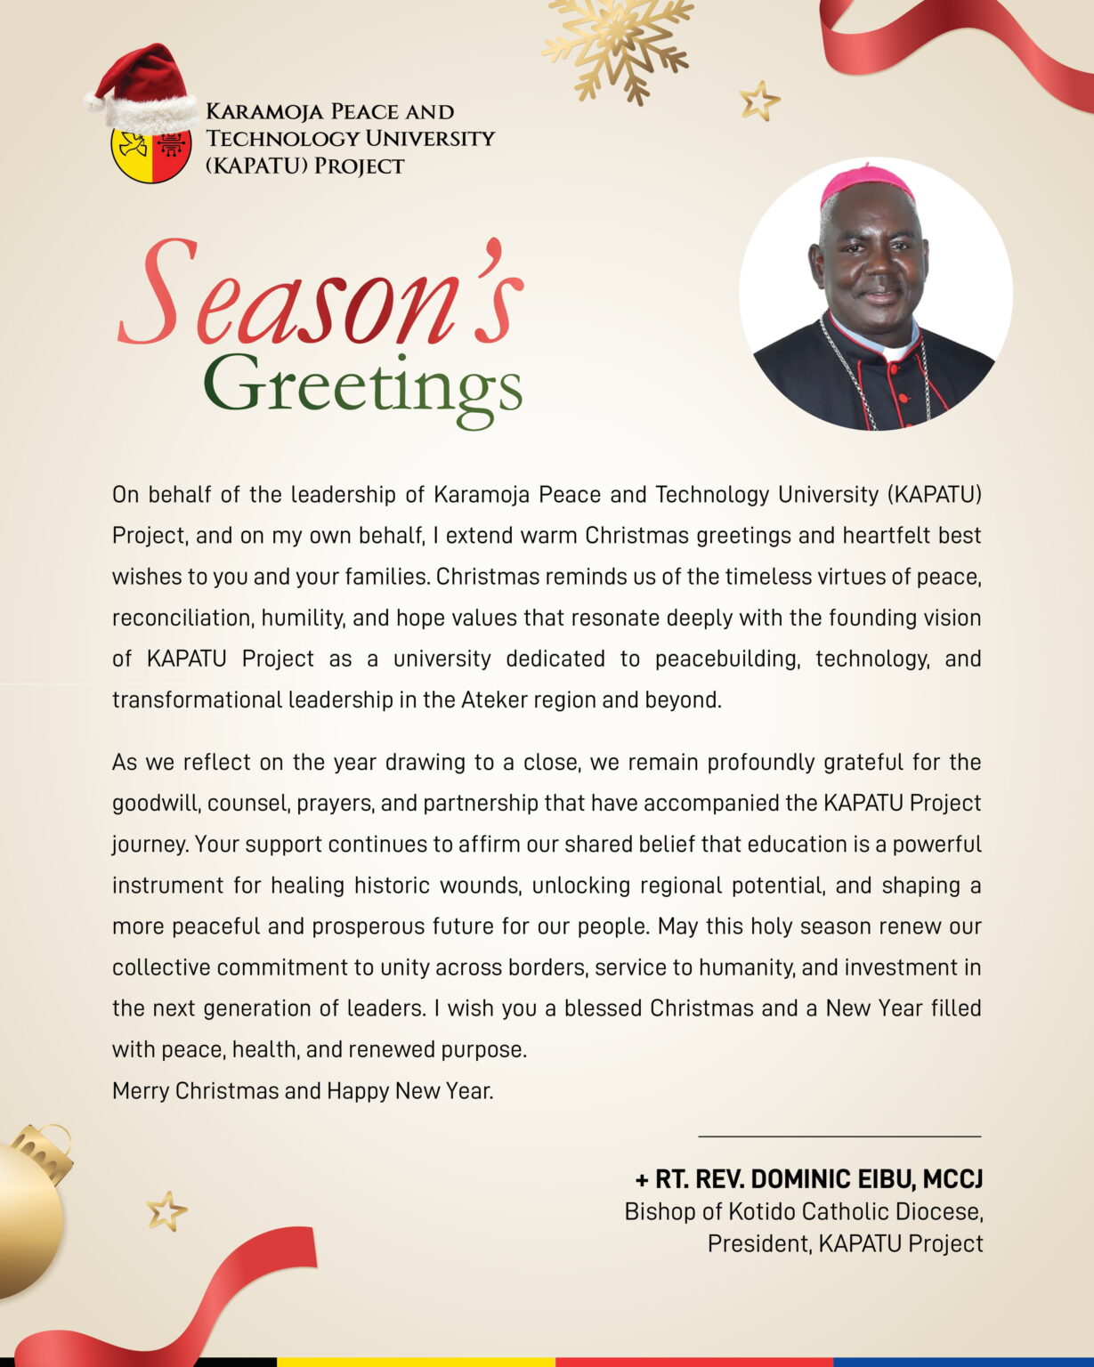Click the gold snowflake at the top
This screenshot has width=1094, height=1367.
click(x=620, y=44)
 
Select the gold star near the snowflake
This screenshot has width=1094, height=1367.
click(x=759, y=101)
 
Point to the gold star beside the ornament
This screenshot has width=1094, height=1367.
click(x=166, y=1211)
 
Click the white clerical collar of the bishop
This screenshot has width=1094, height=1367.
click(x=895, y=350)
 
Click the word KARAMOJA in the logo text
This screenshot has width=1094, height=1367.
click(x=257, y=112)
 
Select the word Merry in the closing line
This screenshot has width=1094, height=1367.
click(x=141, y=1091)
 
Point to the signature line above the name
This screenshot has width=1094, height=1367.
click(x=839, y=1136)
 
